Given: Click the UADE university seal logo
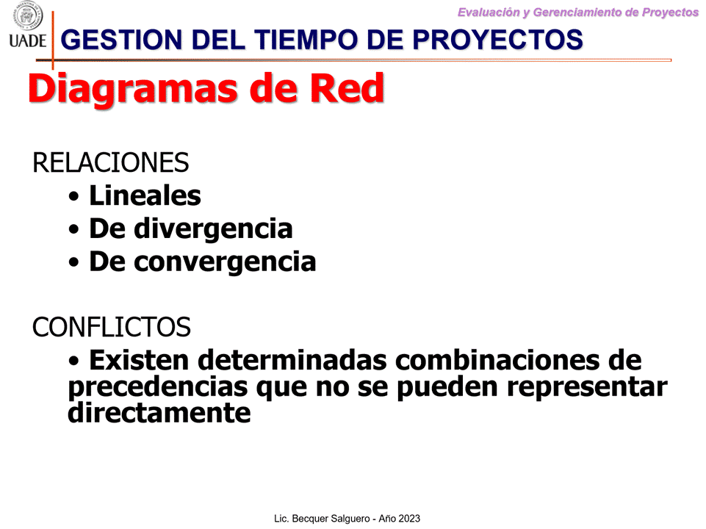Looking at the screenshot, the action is point(27,15).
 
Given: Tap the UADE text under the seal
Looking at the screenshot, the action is point(27,41).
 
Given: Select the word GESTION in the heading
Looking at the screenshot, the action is point(121,40).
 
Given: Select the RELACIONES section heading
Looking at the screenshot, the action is point(111,162).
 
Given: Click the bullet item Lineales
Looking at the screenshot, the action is point(145,195).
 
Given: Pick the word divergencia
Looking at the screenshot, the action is point(214,229).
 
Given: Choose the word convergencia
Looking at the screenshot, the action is point(225,262).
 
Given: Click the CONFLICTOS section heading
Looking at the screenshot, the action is point(112,327).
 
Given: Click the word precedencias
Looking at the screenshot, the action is point(158,386).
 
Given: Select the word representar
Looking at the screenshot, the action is point(587,386).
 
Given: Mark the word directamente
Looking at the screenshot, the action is point(159,412).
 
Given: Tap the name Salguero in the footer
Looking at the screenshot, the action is point(350,519).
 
